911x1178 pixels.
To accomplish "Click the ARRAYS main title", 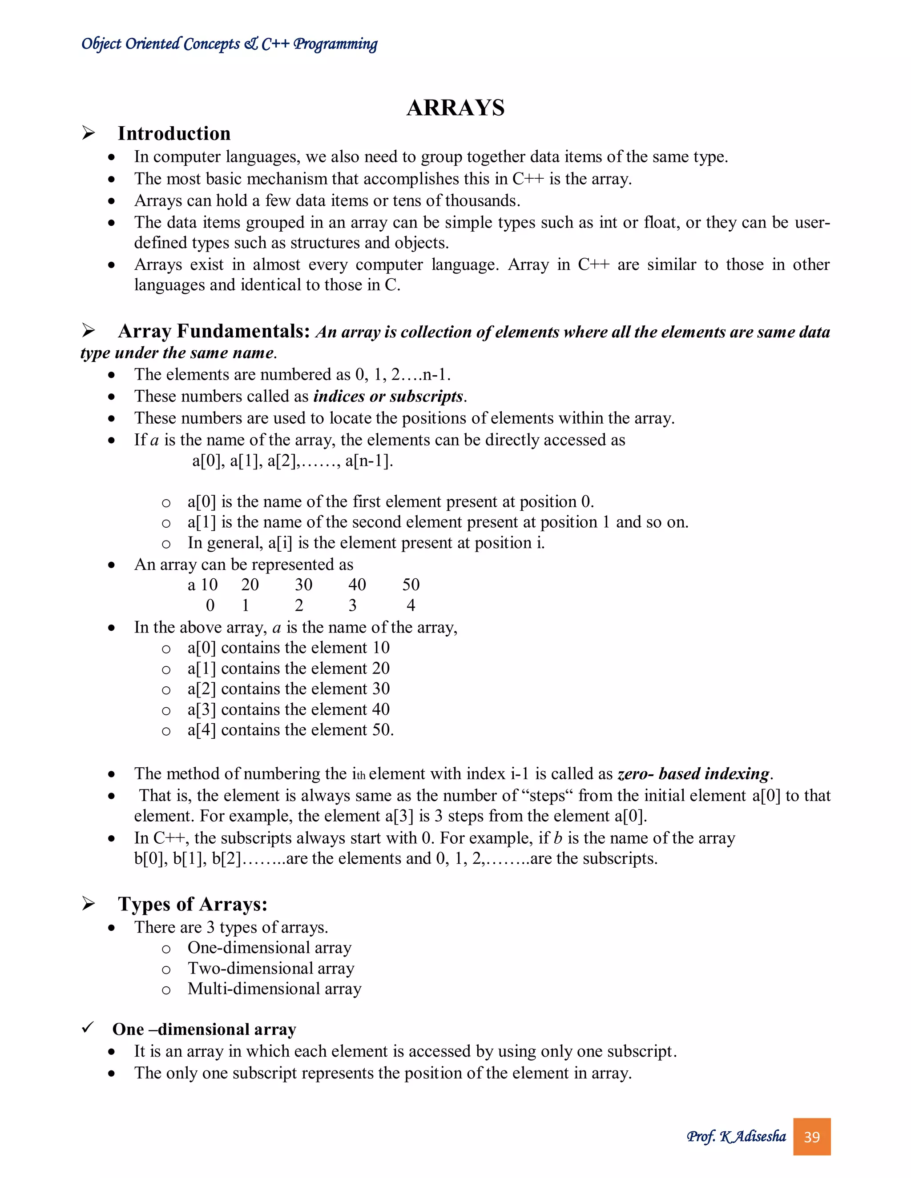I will tap(455, 108).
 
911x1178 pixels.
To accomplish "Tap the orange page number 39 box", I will tap(811, 1137).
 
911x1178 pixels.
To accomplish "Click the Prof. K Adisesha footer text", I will tap(736, 1137).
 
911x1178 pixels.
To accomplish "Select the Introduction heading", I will tap(174, 133).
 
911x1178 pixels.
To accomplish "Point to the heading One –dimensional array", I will tap(204, 1029).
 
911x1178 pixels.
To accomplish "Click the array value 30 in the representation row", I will tap(303, 585).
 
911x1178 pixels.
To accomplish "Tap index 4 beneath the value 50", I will tap(411, 605).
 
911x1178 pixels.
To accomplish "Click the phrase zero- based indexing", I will tap(694, 773).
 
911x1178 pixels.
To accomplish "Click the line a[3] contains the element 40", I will tap(288, 709).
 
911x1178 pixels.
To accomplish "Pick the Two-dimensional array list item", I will tap(271, 968).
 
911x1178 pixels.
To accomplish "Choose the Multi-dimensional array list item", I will tap(274, 989).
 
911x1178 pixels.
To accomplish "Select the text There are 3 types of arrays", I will tap(231, 927).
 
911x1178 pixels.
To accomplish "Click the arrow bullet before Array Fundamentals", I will tap(89, 330).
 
